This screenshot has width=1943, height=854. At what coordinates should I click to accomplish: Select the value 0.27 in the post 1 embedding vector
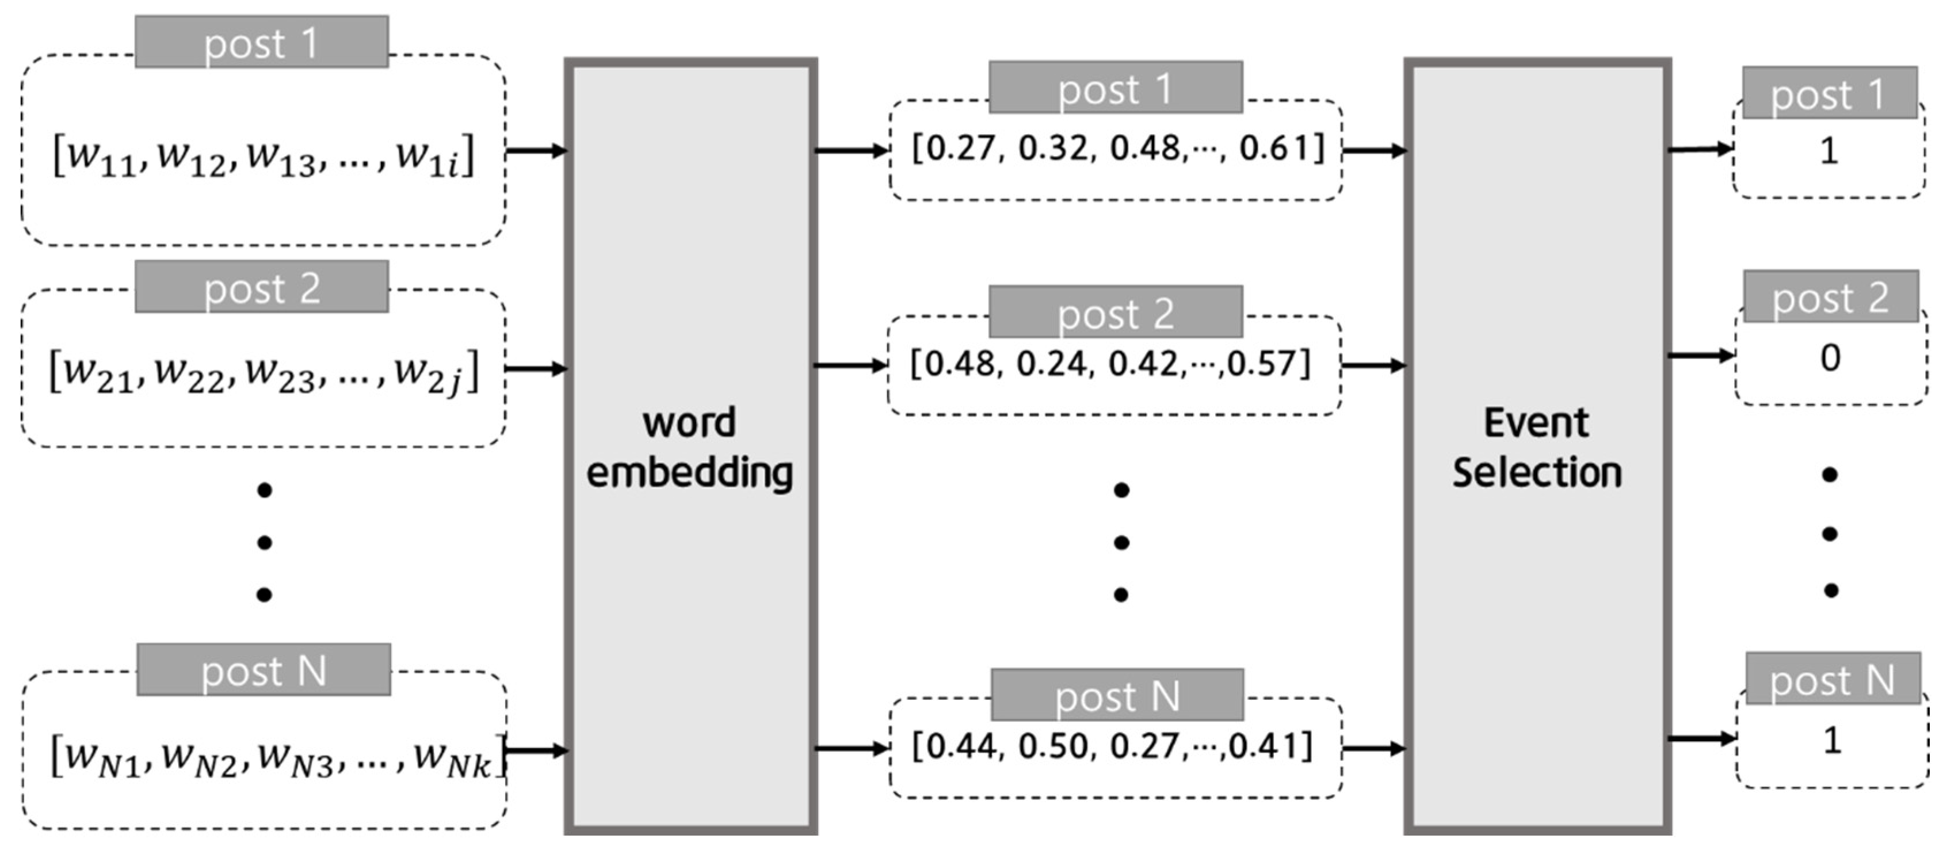[x=956, y=148]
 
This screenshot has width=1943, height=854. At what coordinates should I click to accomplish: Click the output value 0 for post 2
[x=1830, y=357]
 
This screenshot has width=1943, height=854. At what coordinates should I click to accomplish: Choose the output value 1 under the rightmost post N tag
[x=1831, y=740]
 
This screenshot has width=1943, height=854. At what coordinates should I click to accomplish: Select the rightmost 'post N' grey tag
[x=1832, y=680]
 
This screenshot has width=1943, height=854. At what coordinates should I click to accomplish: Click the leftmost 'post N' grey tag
[x=264, y=670]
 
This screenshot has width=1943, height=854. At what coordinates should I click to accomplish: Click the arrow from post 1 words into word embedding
[x=536, y=151]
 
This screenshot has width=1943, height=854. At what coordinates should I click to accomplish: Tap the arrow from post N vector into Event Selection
[x=1375, y=748]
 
